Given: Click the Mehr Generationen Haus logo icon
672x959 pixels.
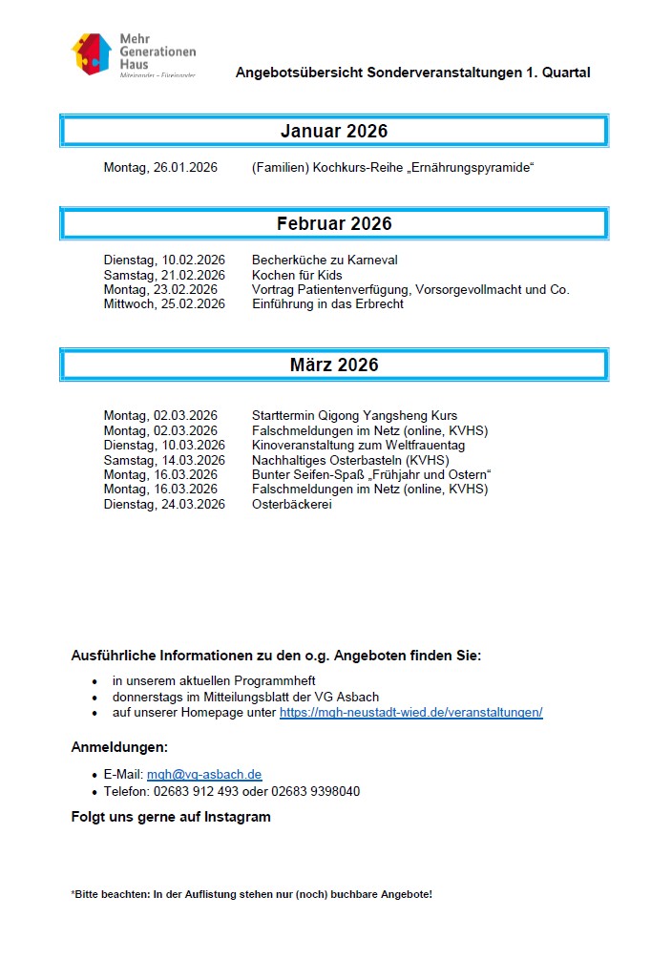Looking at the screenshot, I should [x=93, y=54].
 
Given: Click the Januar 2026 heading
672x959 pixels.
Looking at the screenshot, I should [x=334, y=131].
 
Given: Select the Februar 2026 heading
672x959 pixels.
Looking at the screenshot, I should [x=334, y=224].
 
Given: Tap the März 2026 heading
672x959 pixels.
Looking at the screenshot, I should [x=334, y=365].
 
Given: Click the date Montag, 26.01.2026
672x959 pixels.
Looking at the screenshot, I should [x=160, y=168].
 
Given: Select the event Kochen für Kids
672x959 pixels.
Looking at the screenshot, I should [x=297, y=275].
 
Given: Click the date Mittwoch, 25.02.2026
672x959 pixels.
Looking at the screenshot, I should [x=164, y=304].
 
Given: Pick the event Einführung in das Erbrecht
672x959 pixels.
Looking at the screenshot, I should [x=327, y=304].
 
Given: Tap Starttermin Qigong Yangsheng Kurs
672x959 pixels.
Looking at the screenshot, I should [x=354, y=416].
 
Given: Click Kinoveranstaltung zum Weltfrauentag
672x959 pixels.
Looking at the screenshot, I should [x=358, y=446].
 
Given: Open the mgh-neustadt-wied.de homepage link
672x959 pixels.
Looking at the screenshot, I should [x=410, y=713].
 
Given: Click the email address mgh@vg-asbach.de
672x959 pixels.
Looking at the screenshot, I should [x=204, y=775].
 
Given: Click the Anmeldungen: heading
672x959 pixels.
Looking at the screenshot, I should [x=119, y=746].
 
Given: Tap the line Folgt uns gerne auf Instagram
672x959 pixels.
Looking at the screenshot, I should [x=171, y=817].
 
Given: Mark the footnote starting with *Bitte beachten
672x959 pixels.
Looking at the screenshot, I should [x=251, y=895].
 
